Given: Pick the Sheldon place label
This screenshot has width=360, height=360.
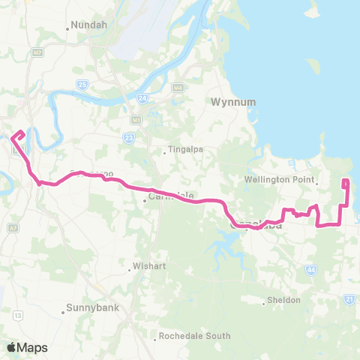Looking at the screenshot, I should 285,300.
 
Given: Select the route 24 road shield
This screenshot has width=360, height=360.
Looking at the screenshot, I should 142,97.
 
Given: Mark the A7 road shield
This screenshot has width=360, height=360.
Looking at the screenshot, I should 14,226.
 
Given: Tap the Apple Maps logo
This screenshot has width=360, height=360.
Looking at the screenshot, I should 27,347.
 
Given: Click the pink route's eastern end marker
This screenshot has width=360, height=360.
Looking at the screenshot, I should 345,183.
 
